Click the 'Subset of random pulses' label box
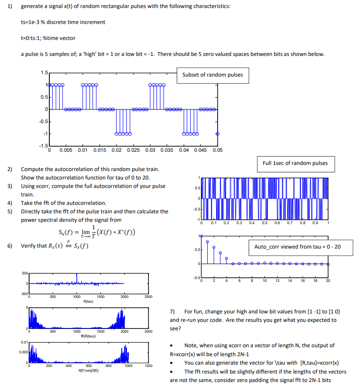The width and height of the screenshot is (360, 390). pos(212,75)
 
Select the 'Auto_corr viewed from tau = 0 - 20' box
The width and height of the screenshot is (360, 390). pos(297,247)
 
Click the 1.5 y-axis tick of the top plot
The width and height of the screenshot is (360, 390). pos(44,72)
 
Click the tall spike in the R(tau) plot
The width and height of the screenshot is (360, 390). pos(77,277)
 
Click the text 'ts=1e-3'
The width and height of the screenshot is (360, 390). pos(31,22)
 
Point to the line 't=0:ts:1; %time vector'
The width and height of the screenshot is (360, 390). pos(48,38)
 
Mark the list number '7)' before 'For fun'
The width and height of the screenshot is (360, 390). pos(172,312)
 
